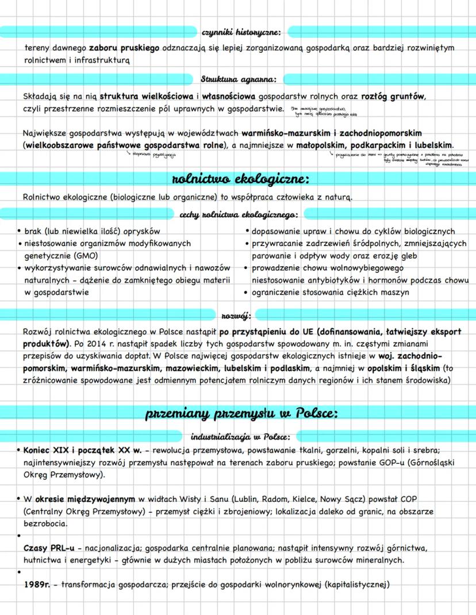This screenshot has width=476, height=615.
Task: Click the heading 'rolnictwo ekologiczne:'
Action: coord(237,178)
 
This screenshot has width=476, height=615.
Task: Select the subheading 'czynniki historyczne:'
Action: coord(240,31)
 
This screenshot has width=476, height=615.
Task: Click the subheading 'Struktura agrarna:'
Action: coord(238,78)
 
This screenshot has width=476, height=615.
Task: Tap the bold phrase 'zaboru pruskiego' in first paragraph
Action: coord(124,48)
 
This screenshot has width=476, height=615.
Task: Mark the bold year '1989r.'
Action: coord(39,585)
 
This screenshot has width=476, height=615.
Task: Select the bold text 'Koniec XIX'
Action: coord(48,449)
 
